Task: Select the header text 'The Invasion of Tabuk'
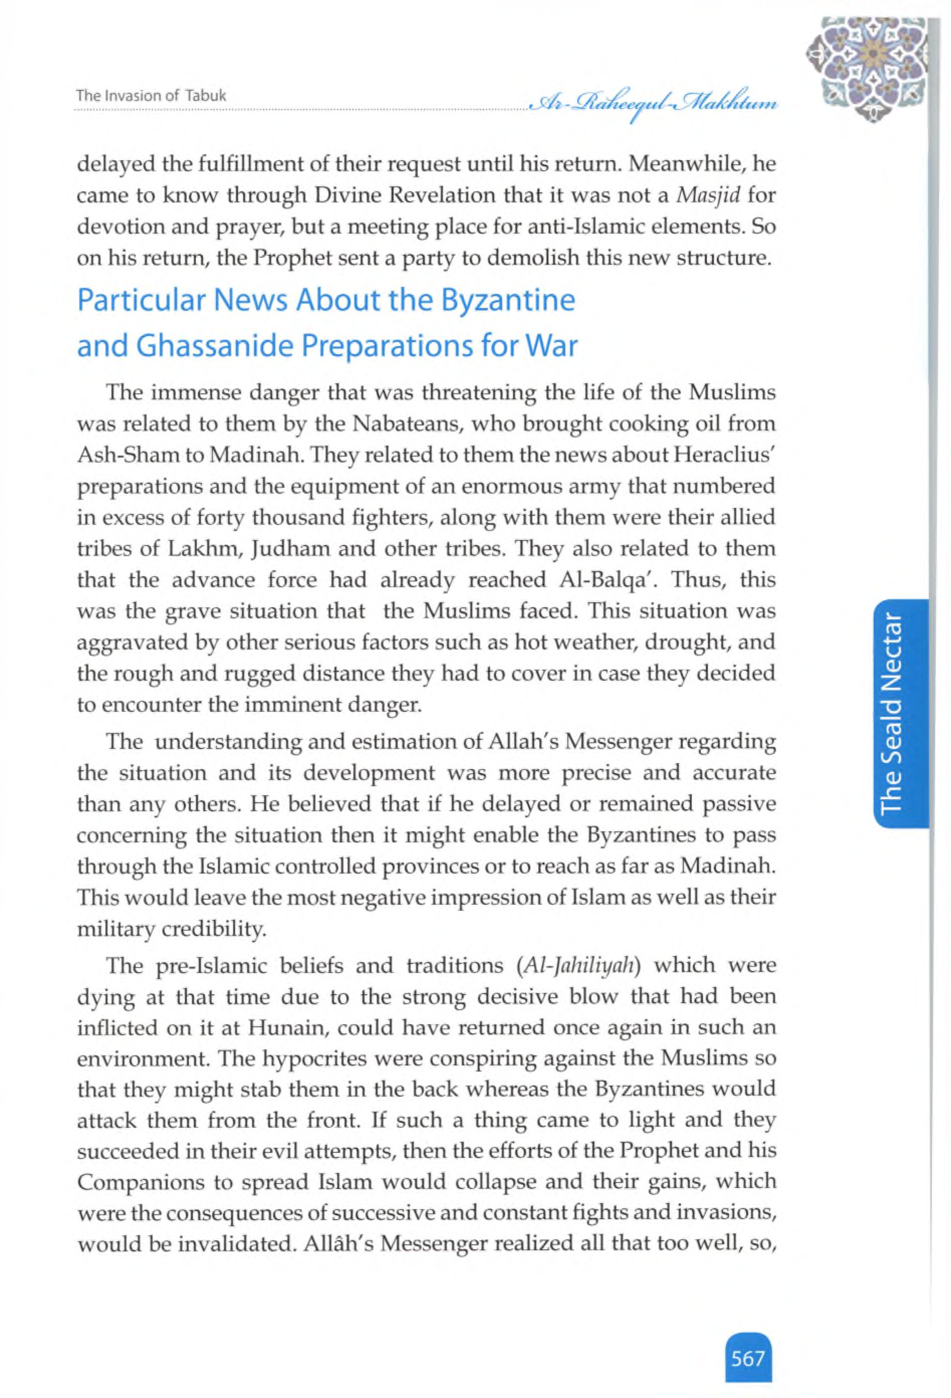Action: (150, 95)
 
